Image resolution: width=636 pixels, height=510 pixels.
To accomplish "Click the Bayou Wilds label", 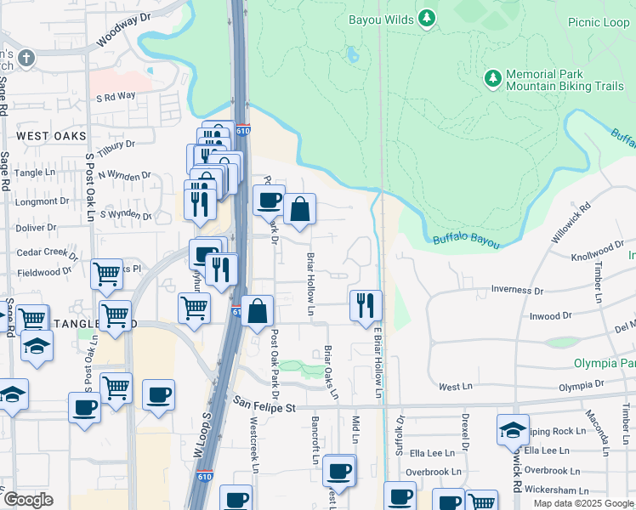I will click(x=381, y=19).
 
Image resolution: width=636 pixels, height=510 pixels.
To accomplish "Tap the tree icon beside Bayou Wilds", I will click(x=428, y=18).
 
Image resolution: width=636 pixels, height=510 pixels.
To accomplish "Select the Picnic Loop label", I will click(x=599, y=22).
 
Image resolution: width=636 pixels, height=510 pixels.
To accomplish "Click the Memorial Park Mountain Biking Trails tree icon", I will click(x=492, y=78).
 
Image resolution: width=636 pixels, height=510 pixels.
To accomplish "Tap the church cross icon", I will click(x=27, y=58).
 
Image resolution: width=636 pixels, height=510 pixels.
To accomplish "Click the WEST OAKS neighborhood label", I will click(x=51, y=136).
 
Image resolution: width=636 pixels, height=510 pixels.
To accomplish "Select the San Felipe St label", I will click(x=264, y=408).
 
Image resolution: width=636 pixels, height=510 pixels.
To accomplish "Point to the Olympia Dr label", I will click(x=581, y=385).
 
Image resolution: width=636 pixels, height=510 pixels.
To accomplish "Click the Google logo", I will click(x=28, y=500).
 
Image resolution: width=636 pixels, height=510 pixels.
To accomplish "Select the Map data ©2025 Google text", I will click(x=582, y=503).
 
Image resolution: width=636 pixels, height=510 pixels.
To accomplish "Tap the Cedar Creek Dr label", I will click(x=48, y=253).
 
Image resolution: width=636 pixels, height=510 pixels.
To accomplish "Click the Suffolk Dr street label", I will click(x=398, y=434).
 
